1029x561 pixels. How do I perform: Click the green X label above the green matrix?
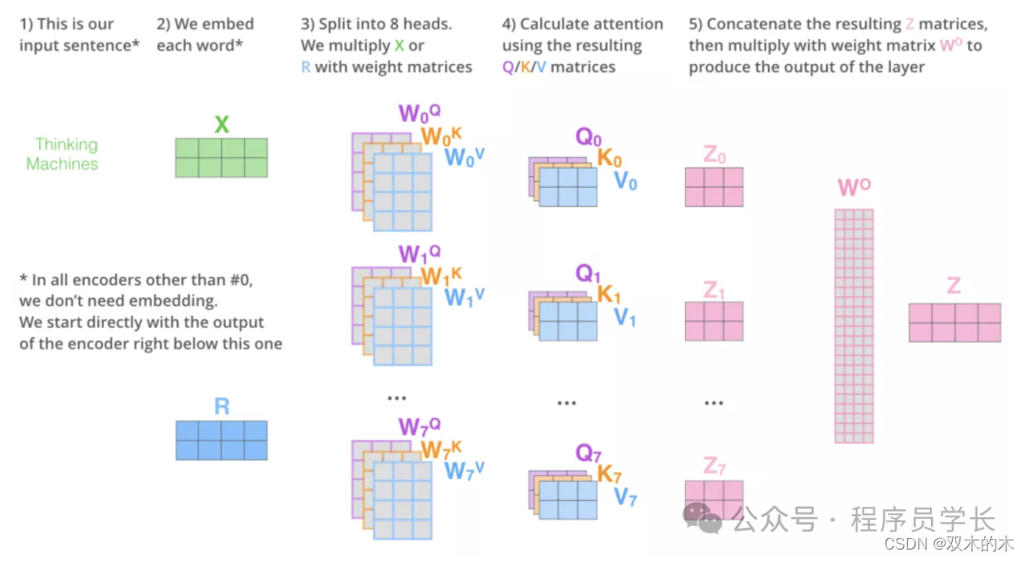[x=221, y=125]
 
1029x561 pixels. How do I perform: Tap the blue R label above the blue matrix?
[x=221, y=407]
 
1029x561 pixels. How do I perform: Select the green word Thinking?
[x=66, y=144]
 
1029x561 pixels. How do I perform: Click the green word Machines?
[x=62, y=164]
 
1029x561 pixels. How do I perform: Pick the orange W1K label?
[x=441, y=276]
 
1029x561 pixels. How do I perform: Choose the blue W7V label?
[x=465, y=470]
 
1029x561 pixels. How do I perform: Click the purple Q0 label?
[x=588, y=138]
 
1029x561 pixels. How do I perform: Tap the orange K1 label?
[x=609, y=294]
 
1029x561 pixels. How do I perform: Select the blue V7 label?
[x=625, y=496]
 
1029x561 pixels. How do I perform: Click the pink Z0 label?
[x=714, y=155]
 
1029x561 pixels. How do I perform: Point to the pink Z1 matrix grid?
[x=714, y=321]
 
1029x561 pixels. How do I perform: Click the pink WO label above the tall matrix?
[x=854, y=187]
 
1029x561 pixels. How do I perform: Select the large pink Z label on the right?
[x=954, y=286]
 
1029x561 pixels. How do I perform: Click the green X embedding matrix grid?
[x=221, y=157]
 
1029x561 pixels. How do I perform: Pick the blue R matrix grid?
[x=221, y=440]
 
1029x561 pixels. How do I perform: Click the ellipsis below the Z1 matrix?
[x=714, y=403]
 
